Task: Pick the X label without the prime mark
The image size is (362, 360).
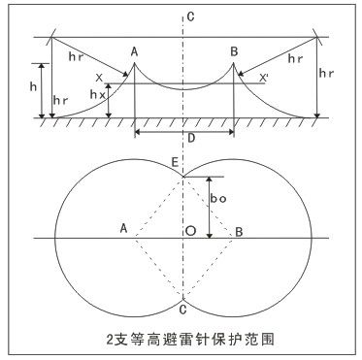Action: coord(97,77)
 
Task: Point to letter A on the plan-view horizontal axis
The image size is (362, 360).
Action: coord(124,228)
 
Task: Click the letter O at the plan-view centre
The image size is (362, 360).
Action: coord(192,230)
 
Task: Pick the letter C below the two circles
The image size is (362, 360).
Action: coord(182,309)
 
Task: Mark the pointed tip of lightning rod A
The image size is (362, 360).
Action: coord(134,64)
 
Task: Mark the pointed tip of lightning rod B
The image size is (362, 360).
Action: coord(234,64)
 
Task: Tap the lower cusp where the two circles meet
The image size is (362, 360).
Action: coord(183,297)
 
